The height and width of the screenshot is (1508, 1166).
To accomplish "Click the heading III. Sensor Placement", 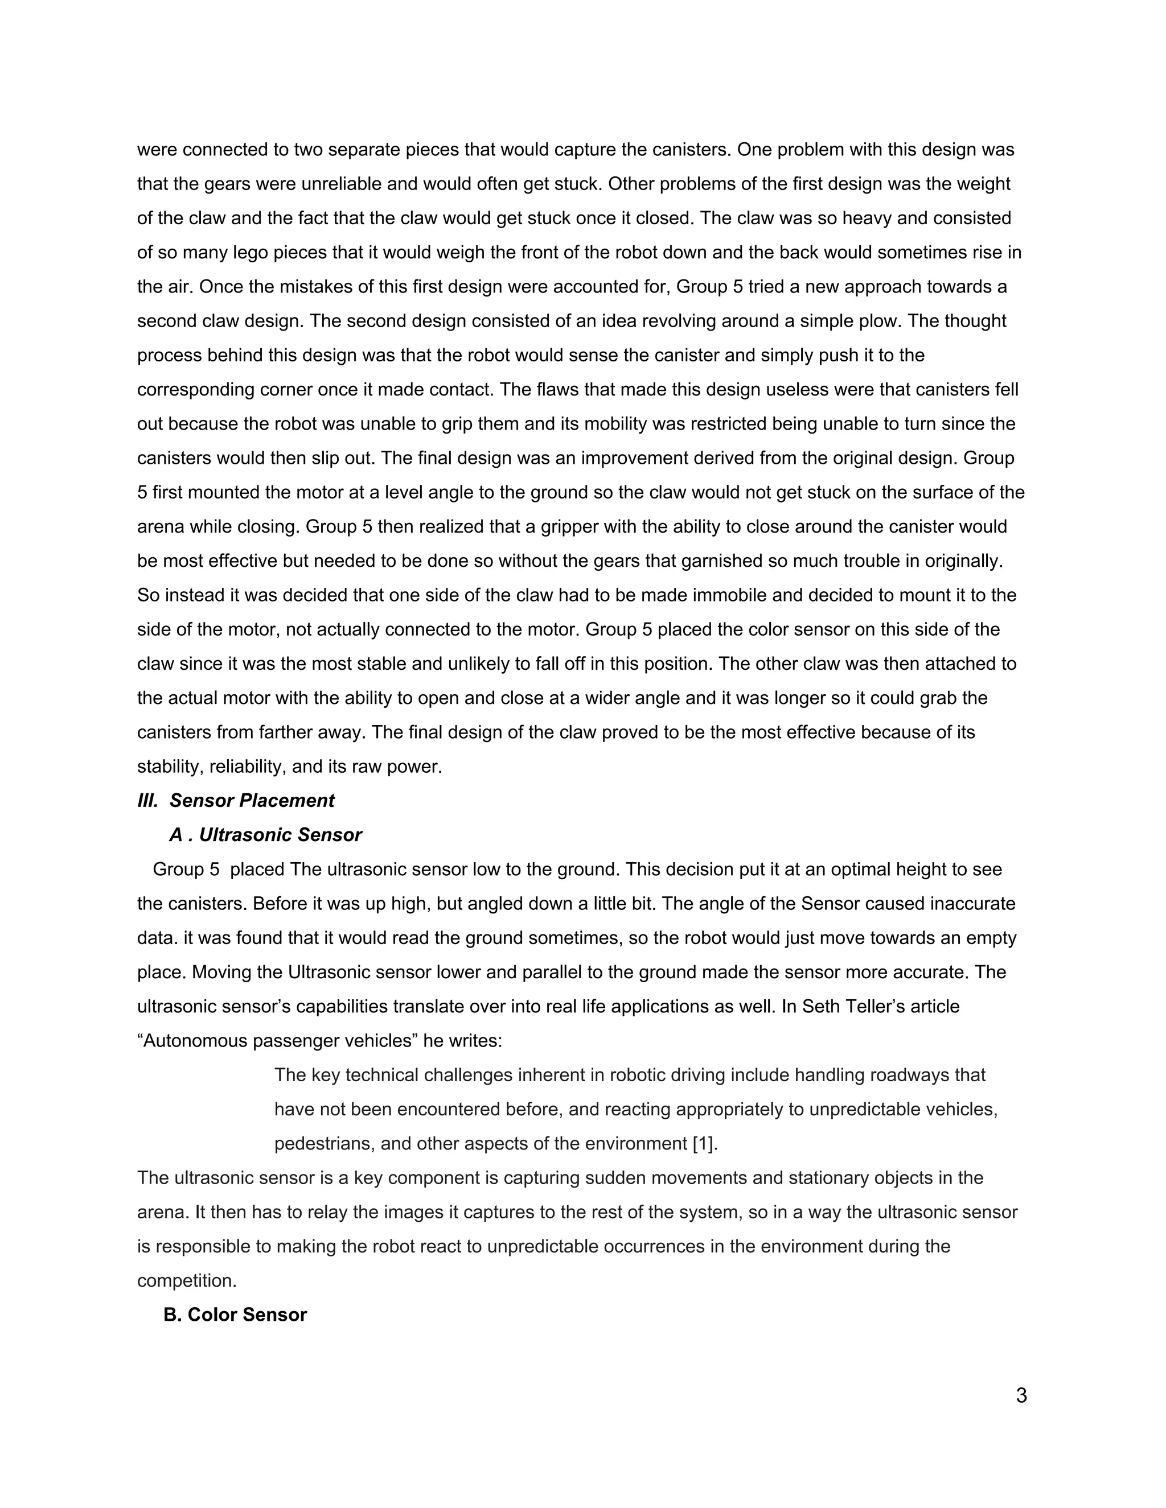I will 236,801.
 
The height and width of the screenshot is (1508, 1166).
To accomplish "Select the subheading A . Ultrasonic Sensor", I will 265,835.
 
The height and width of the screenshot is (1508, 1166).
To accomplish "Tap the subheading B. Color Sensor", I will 235,1315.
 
